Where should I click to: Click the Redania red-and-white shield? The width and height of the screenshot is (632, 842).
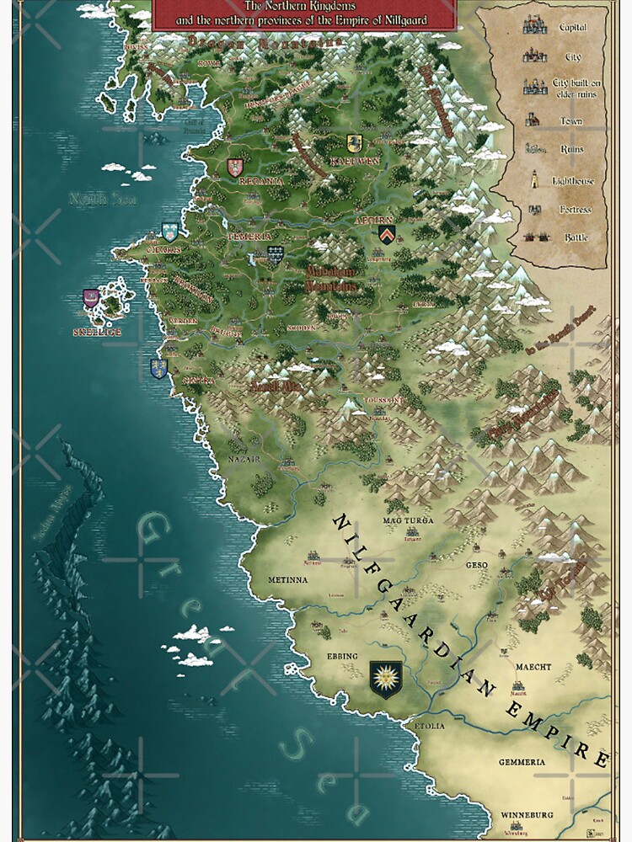pos(235,167)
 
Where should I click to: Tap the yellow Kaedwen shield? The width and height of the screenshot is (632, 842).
pos(355,143)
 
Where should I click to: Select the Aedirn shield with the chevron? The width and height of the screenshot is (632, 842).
pos(386,232)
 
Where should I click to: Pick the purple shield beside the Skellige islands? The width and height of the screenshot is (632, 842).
pos(91,298)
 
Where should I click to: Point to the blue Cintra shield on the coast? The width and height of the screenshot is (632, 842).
pos(158,368)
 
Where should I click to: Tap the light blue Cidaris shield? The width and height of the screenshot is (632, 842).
pos(169,232)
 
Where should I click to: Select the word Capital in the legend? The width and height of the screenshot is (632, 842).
pos(573,28)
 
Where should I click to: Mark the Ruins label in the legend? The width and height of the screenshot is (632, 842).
pos(573,150)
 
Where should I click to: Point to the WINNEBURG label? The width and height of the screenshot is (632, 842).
pos(527,815)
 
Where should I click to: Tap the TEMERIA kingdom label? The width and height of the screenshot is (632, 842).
pos(249,238)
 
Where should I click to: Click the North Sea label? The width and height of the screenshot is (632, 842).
pos(89,200)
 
